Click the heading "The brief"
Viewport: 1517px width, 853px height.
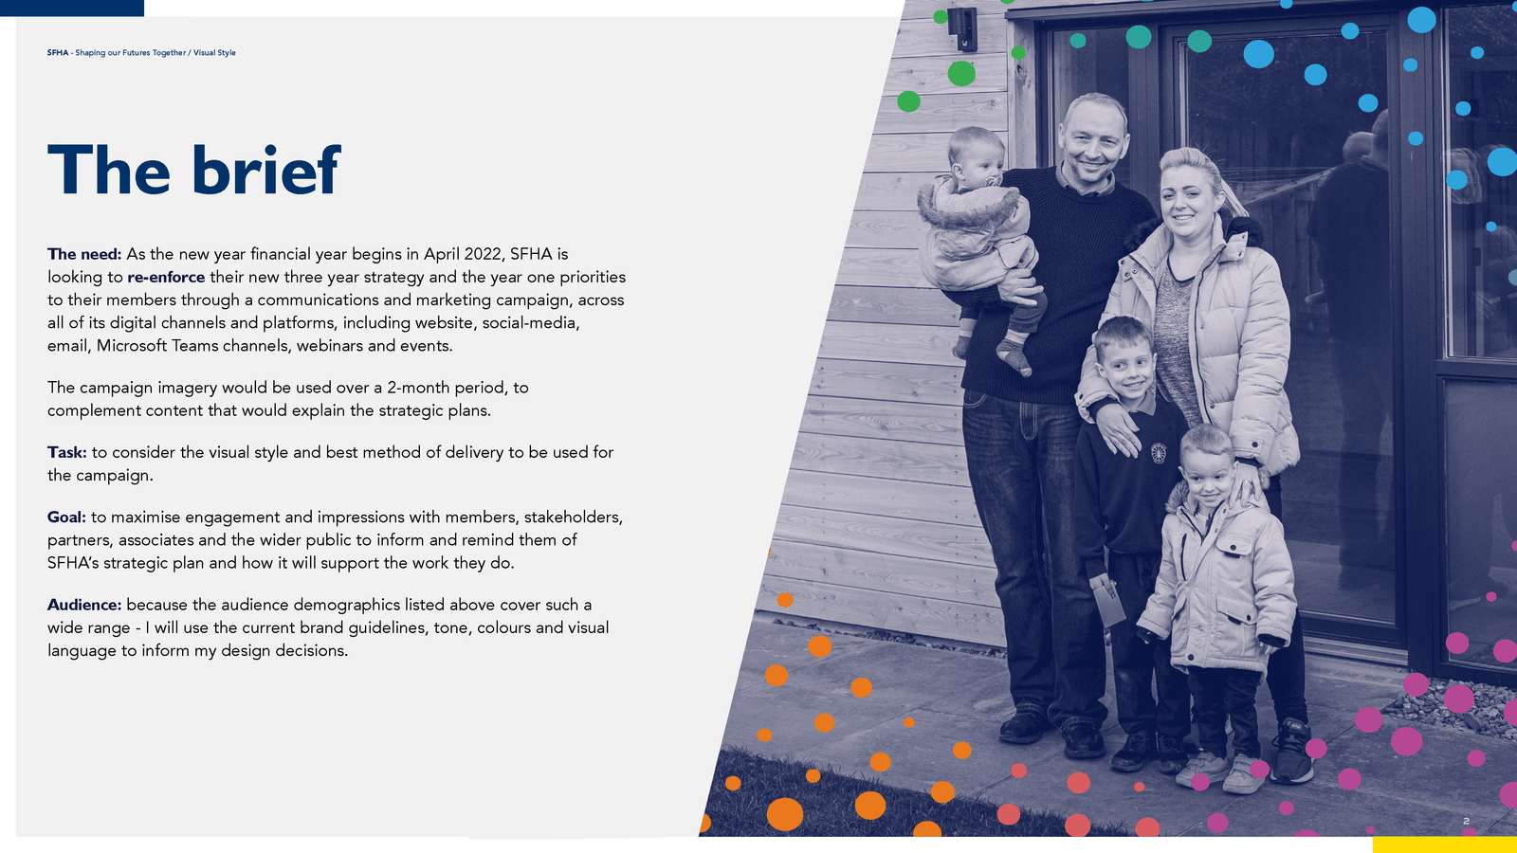coord(193,170)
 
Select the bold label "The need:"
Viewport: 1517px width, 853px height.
coord(84,254)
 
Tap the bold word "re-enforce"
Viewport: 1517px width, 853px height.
coord(166,277)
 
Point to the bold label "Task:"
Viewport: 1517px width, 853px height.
coord(67,452)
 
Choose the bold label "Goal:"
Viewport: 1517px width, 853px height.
coord(66,517)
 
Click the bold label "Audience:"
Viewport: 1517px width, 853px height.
coord(84,605)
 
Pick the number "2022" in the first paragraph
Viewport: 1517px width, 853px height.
coord(484,254)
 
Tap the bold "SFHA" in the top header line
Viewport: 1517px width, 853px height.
coord(58,53)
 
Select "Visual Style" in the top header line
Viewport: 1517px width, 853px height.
coord(214,53)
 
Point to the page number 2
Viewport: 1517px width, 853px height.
coord(1466,821)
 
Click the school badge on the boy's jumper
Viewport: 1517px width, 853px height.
coord(1159,453)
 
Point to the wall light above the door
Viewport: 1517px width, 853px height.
coord(962,27)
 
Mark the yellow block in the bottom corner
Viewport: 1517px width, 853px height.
coord(1445,844)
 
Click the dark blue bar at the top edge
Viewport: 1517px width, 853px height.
coord(72,8)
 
